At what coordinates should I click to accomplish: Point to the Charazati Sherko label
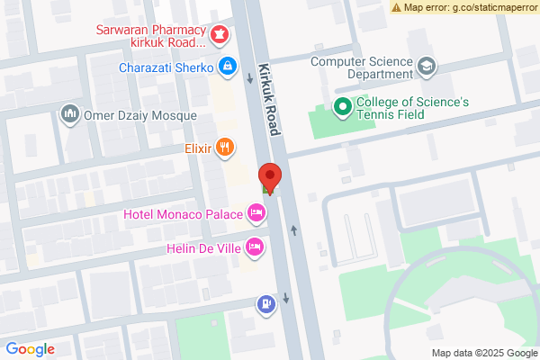(x=165, y=67)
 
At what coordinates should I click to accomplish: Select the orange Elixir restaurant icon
(x=225, y=146)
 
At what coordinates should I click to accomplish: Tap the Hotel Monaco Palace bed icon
(x=256, y=213)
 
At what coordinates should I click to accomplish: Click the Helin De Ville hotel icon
(x=255, y=245)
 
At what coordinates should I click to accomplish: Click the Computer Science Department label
(x=361, y=67)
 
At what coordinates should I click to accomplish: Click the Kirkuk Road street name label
(x=268, y=99)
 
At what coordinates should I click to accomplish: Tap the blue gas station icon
(x=266, y=303)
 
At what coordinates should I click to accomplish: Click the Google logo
(x=31, y=349)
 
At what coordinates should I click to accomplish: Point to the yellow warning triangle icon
(x=396, y=7)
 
